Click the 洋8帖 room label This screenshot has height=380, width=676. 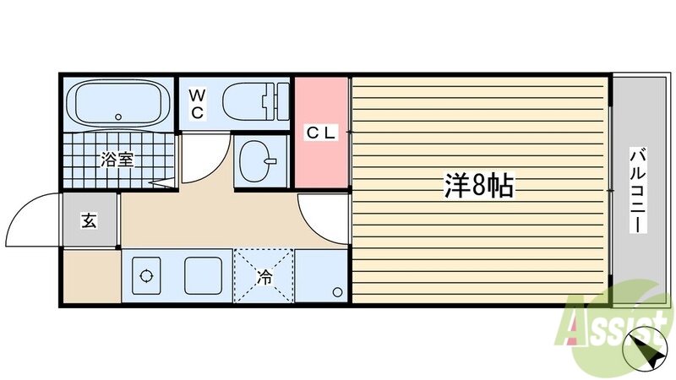pyautogui.click(x=478, y=186)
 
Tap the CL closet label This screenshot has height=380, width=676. pyautogui.click(x=321, y=133)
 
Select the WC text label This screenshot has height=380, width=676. pyautogui.click(x=195, y=104)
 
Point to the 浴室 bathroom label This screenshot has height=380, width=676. pyautogui.click(x=118, y=159)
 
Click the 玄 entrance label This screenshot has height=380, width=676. pyautogui.click(x=88, y=221)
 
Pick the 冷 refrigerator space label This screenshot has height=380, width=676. pyautogui.click(x=264, y=276)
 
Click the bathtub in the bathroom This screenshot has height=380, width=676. pyautogui.click(x=117, y=103)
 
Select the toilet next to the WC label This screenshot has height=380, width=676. pyautogui.click(x=254, y=103)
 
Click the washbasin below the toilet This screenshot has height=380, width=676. pyautogui.click(x=259, y=158)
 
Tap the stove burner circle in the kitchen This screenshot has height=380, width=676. pyautogui.click(x=145, y=276)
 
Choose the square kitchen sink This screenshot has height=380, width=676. pyautogui.click(x=203, y=275)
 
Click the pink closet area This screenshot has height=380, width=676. pyautogui.click(x=321, y=160)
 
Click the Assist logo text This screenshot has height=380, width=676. pyautogui.click(x=610, y=326)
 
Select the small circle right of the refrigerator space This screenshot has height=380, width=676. pyautogui.click(x=338, y=292)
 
